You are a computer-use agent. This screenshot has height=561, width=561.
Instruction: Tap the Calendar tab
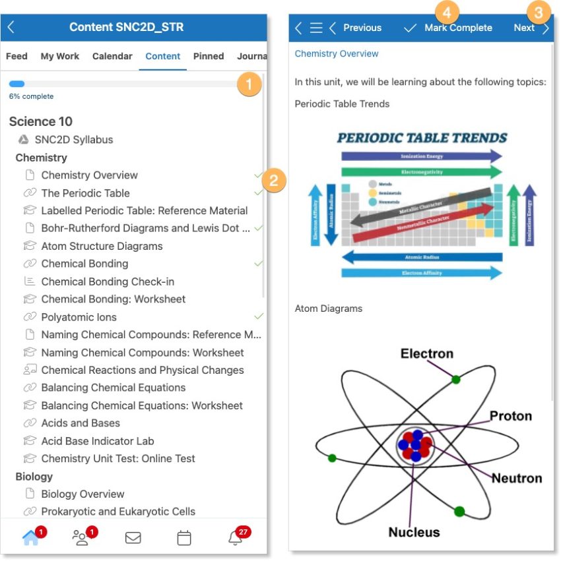coord(112,57)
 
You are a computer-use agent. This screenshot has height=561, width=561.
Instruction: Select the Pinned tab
coord(209,57)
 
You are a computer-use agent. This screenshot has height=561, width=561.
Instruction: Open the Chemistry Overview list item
coord(89,175)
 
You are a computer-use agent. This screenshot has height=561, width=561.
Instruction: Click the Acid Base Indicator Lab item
coord(97,441)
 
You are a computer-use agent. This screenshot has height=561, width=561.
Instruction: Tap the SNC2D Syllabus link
coord(73,140)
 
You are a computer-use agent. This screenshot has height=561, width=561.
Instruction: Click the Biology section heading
coord(34,477)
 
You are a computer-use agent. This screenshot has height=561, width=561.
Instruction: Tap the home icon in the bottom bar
coord(30,538)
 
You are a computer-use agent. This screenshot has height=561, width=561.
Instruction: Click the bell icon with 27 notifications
coord(235,538)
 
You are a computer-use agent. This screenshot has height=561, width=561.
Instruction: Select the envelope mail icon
coord(133,538)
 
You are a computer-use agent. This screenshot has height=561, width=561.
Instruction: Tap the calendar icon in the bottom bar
coord(184,538)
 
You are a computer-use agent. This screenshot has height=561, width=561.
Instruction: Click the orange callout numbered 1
coord(249,84)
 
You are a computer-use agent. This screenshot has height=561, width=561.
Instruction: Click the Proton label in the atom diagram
coord(510,416)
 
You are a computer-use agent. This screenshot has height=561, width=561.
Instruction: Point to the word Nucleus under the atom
coord(414,531)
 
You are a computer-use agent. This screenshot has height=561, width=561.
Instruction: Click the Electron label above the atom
coord(427,354)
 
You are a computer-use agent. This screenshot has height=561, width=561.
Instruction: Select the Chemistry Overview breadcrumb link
coord(337,53)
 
